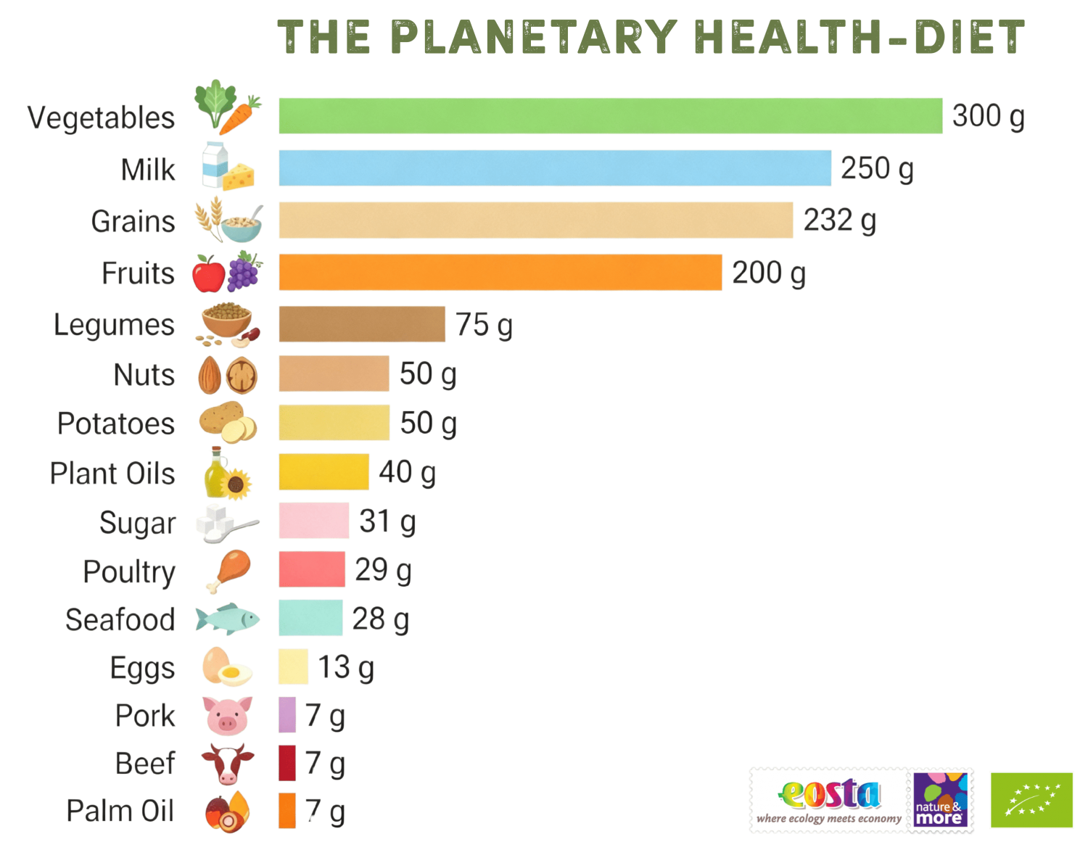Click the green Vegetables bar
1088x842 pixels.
[x=610, y=115]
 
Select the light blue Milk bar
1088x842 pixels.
[x=554, y=168]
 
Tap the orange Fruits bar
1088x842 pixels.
[x=500, y=272]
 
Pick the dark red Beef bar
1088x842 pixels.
[x=287, y=763]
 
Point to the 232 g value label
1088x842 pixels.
[x=839, y=220]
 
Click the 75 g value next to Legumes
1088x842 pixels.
[x=484, y=324]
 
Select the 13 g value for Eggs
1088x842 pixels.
[x=345, y=667]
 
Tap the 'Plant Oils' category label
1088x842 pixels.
[x=112, y=473]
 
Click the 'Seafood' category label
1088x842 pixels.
[x=120, y=619]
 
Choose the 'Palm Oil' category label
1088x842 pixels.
[x=120, y=811]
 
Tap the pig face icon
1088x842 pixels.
[x=228, y=716]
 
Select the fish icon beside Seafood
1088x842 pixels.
[x=227, y=619]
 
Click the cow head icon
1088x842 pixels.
[x=228, y=763]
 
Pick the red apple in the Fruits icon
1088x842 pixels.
[x=208, y=274]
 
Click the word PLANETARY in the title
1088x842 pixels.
[x=534, y=37]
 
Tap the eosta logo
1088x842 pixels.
[x=828, y=799]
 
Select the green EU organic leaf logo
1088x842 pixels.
[x=1031, y=799]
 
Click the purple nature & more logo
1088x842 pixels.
[x=941, y=799]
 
